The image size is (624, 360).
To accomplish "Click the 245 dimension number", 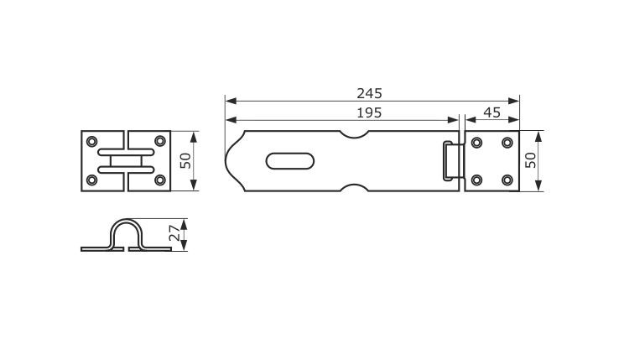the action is [369, 94].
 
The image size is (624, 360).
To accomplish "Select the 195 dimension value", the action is [369, 113].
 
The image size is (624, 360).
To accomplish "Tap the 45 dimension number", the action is [491, 112].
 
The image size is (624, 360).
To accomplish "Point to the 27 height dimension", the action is [174, 235].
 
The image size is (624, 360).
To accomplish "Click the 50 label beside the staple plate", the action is [185, 161].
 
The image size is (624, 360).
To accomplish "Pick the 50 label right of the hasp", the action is [530, 160].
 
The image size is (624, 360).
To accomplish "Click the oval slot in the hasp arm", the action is [289, 161].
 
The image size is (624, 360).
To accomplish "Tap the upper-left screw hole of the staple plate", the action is [92, 141].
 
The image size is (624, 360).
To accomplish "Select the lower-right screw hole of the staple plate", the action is [160, 180].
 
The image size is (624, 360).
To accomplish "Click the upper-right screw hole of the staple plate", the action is [160, 141].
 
